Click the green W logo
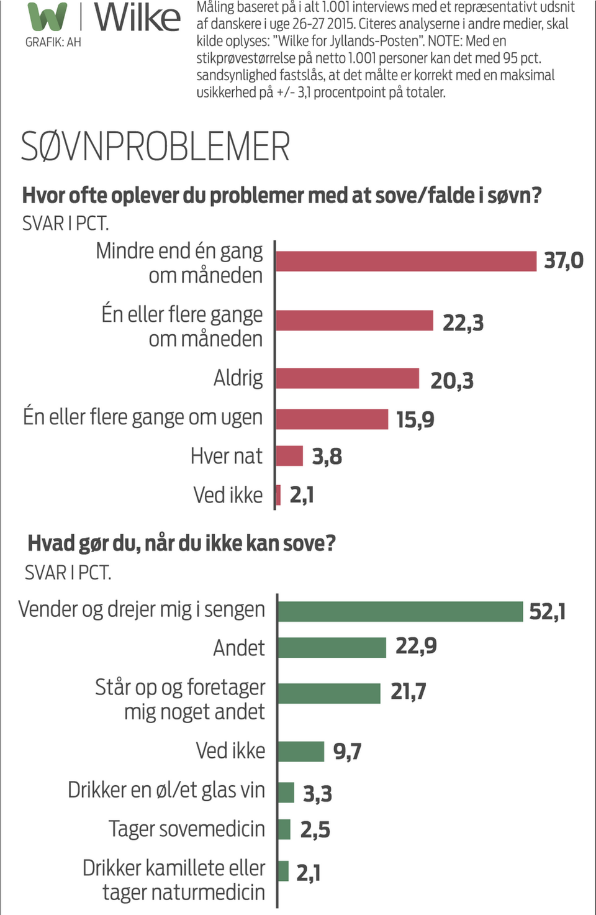point(47,17)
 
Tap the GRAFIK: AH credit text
point(53,42)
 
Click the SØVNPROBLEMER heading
point(155,147)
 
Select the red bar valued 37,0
point(406,261)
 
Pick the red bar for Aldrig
point(348,378)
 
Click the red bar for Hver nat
point(289,456)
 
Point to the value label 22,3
point(463,323)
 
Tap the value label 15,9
point(415,420)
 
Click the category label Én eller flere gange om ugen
point(143,417)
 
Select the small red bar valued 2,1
point(278,495)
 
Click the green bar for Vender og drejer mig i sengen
point(400,611)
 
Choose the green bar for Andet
point(332,647)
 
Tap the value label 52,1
point(547,612)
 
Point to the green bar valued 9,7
point(301,751)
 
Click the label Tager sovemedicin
point(187,829)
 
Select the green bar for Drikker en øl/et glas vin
point(286,792)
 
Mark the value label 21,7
point(409,691)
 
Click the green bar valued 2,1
point(284,871)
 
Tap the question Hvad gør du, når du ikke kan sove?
point(181,544)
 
